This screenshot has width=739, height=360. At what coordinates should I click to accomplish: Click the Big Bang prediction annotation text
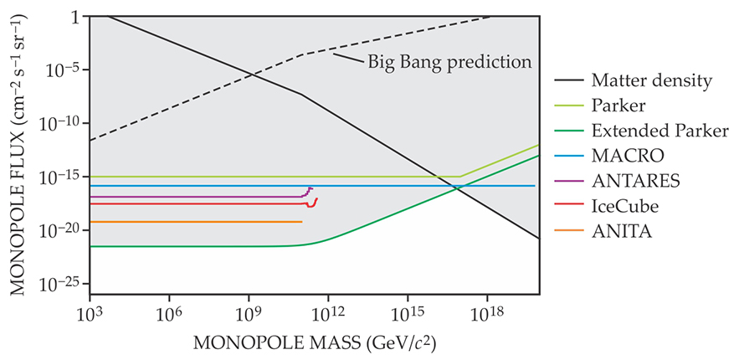click(449, 62)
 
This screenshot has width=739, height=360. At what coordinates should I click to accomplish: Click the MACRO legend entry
click(627, 156)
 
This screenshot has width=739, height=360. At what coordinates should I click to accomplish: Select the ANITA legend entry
click(621, 230)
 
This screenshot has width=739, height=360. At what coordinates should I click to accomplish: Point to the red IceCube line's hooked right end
click(315, 202)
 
